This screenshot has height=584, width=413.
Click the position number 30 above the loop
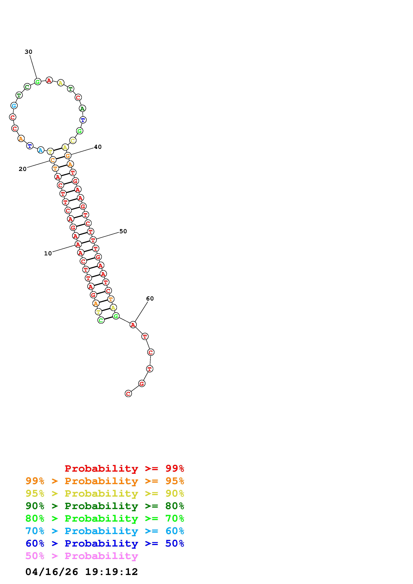point(28,52)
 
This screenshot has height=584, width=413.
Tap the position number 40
point(98,147)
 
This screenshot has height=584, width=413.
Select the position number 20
point(23,169)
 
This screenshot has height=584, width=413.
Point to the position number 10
point(48,253)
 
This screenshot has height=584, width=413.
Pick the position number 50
point(123,231)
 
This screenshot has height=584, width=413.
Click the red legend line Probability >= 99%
point(124,468)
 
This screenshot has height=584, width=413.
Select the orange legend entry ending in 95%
point(105,481)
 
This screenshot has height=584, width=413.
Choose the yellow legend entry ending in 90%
point(105,493)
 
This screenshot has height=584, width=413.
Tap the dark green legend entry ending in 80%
point(105,506)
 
